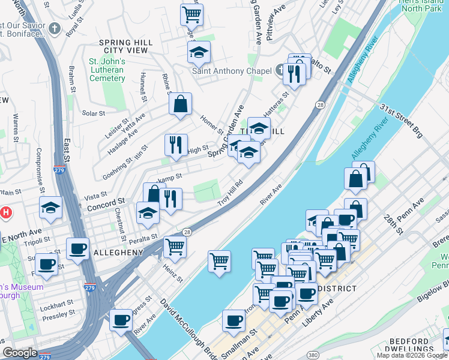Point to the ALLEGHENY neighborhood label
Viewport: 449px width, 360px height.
(118, 253)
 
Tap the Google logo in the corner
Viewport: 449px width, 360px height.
(20, 353)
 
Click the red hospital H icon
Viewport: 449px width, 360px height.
(6, 212)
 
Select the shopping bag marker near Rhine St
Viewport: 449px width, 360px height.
(180, 104)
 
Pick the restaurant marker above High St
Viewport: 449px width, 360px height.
(176, 145)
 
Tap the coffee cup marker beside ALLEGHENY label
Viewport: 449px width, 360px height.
(77, 248)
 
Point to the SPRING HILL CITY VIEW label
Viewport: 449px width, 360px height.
(124, 46)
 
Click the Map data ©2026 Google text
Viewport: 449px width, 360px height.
(411, 355)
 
